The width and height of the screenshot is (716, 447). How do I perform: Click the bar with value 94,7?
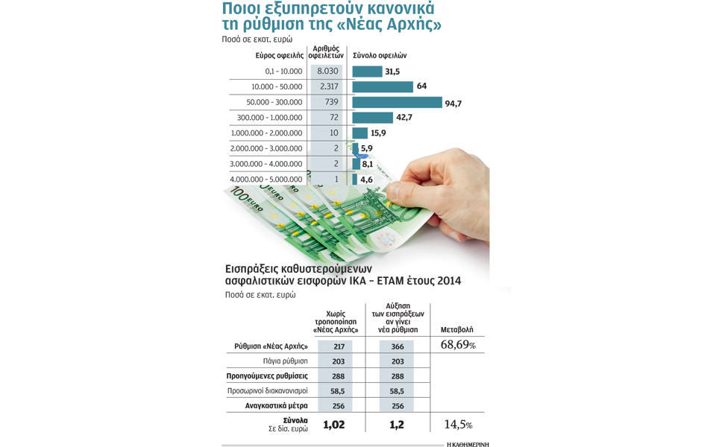(x=397, y=102)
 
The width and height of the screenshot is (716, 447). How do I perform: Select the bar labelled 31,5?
(x=367, y=72)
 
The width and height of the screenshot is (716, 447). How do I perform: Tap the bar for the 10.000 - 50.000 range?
(x=383, y=86)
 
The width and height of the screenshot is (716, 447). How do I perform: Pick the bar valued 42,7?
(x=372, y=118)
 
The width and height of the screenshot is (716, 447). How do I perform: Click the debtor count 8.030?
(x=327, y=72)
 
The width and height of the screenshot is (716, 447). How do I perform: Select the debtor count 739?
(x=331, y=102)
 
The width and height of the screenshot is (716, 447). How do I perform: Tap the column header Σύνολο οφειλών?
(x=380, y=56)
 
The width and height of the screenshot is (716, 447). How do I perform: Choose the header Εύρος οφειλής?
(x=279, y=56)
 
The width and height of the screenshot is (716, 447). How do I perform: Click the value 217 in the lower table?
(x=339, y=346)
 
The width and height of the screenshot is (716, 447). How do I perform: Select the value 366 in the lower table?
(x=397, y=346)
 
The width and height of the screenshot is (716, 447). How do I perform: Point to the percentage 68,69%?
(x=458, y=346)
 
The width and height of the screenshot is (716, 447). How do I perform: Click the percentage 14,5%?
(x=458, y=424)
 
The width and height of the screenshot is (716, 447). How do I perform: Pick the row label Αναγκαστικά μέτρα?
(x=276, y=406)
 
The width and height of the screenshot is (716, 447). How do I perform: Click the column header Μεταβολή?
(x=456, y=329)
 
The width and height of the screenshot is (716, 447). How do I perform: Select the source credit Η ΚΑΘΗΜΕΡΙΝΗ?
(x=468, y=443)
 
